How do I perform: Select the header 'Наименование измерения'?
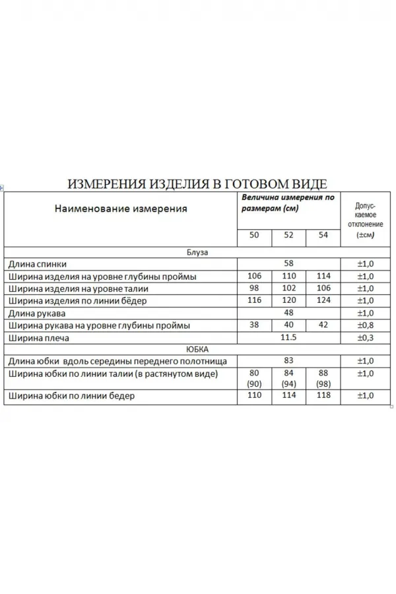point(121,209)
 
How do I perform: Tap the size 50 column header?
point(255,235)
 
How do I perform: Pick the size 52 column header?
point(288,235)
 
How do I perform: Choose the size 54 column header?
point(322,235)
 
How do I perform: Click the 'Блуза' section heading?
point(197,251)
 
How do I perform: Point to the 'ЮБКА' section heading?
point(197,350)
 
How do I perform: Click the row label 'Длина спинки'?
point(38,263)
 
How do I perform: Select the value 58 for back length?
point(288,263)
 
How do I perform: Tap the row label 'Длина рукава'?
point(38,313)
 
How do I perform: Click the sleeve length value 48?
point(288,313)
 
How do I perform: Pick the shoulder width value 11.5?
point(288,338)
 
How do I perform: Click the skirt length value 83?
point(288,362)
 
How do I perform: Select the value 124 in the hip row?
point(322,301)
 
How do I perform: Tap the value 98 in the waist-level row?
point(255,288)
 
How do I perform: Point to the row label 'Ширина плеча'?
point(39,338)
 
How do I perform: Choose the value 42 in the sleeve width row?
point(322,325)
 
